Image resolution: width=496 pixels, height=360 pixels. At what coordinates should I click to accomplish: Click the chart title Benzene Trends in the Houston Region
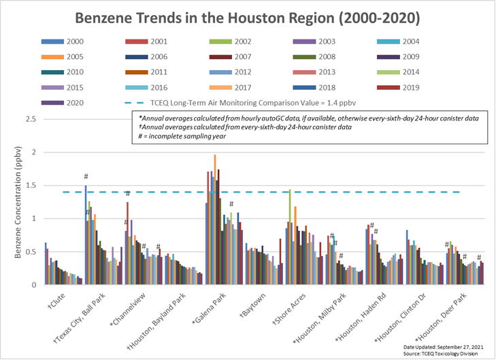248,16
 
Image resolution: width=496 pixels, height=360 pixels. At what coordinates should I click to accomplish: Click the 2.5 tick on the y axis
30,119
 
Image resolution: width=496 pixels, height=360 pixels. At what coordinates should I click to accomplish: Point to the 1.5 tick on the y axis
30,185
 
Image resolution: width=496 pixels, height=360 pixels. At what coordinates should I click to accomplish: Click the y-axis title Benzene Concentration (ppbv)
13,201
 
